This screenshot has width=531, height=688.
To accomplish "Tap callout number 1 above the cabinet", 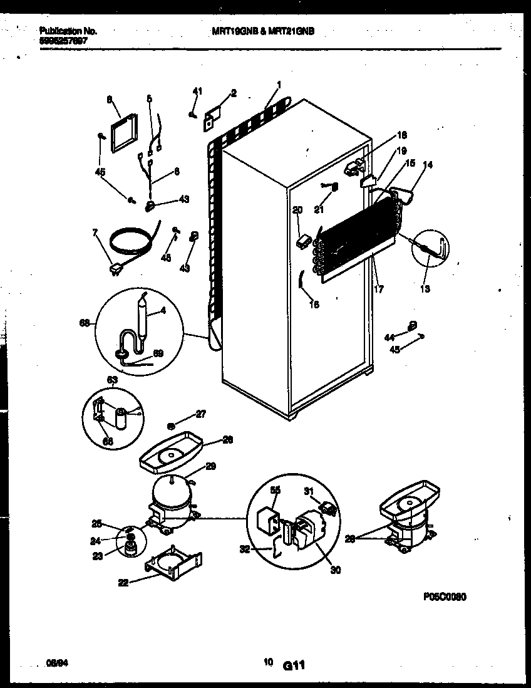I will coord(279,84).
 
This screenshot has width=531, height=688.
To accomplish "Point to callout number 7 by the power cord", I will coord(95,233).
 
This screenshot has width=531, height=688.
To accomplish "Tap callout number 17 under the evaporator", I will coord(378,289).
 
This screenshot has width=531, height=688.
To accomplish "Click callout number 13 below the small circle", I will coord(425,289).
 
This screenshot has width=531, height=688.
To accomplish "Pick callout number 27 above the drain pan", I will coord(201,414).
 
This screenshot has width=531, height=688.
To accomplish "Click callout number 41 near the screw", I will coord(198,92).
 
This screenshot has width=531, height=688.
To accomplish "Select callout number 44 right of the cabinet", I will coord(390,337).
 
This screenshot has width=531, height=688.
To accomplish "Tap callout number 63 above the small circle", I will coord(112,379).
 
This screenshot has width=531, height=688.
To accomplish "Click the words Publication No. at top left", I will coord(68,30).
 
